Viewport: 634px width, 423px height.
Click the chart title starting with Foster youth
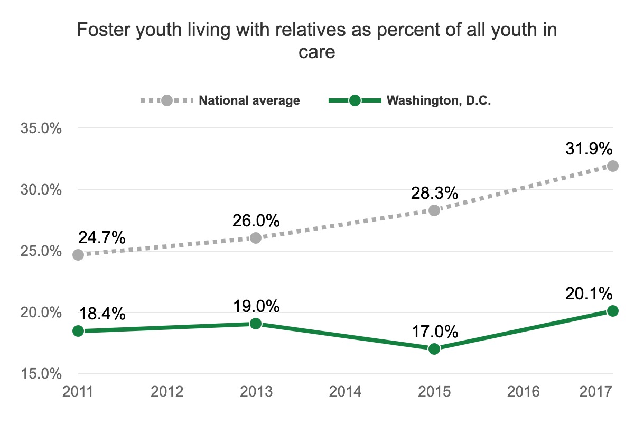(317, 41)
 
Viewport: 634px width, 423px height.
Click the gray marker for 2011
(78, 254)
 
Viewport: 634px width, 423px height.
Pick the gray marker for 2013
(256, 238)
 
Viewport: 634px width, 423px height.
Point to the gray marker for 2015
(434, 210)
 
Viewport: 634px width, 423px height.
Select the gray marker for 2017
(612, 165)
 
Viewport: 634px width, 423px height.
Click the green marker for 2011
(78, 331)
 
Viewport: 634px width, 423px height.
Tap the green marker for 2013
(256, 324)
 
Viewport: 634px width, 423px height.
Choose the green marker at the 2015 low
(434, 348)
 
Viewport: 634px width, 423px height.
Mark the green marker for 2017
(612, 310)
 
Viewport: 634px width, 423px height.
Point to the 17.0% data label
(434, 332)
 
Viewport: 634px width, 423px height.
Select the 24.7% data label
(102, 237)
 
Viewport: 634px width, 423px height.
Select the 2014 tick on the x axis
(345, 392)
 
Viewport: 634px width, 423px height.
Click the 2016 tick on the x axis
(523, 392)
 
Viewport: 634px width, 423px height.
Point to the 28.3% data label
(434, 193)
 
